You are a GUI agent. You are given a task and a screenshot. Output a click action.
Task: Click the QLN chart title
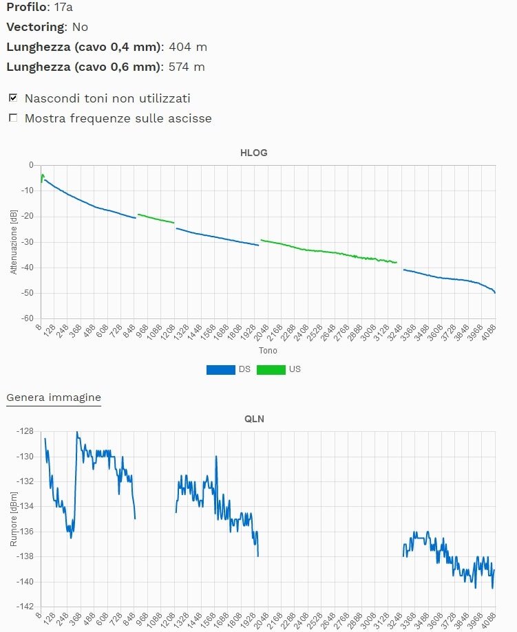point(255,418)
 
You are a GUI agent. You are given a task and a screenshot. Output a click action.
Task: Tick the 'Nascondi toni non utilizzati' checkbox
point(12,98)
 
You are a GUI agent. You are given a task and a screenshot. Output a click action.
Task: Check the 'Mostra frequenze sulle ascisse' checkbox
point(12,118)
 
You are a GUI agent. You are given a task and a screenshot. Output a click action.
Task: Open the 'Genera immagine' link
point(54,397)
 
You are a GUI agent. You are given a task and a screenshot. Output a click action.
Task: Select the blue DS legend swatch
point(220,369)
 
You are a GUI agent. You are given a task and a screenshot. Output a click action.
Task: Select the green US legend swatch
point(271,369)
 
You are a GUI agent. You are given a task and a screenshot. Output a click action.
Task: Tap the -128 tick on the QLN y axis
point(25,431)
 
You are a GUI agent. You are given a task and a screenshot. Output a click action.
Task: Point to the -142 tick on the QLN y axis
point(25,607)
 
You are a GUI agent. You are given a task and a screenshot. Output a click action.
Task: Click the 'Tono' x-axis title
point(268,351)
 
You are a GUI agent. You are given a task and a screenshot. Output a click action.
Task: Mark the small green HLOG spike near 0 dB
point(43,176)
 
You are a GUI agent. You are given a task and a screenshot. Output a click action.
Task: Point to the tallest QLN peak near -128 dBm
point(77,433)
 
